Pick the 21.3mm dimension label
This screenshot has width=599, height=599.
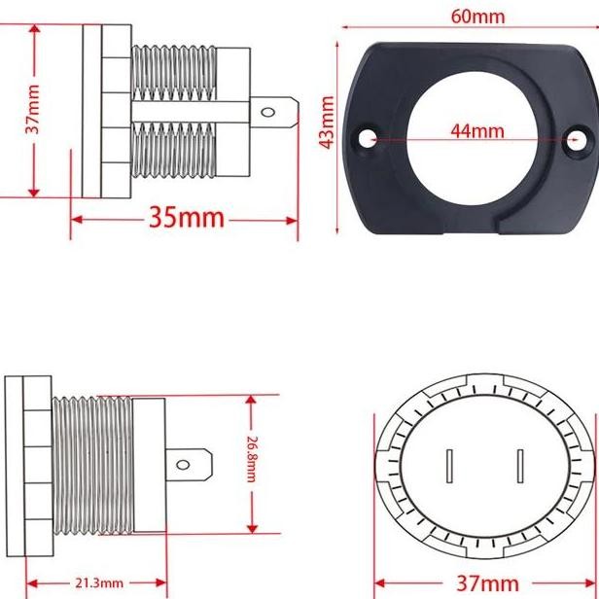coord(98,583)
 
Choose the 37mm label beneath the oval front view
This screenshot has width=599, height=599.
coord(487,583)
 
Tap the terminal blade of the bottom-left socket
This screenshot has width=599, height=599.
coord(192,464)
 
